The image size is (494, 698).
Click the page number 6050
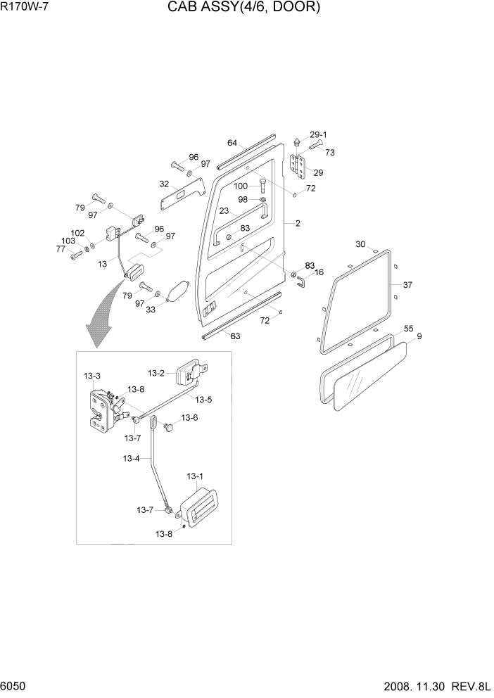pos(14,686)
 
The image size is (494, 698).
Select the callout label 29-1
pos(319,134)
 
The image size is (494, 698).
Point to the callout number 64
pos(232,143)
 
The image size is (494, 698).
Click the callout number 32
pos(164,184)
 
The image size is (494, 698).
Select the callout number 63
pos(235,336)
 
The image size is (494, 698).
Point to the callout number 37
pos(407,285)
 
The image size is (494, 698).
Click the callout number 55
pos(408,329)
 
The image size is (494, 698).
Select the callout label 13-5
pos(203,400)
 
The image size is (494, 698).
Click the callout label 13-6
pos(190,418)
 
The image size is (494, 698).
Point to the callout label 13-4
pos(131,459)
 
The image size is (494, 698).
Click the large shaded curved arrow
pos(102,317)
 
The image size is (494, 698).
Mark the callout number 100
pos(241,186)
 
